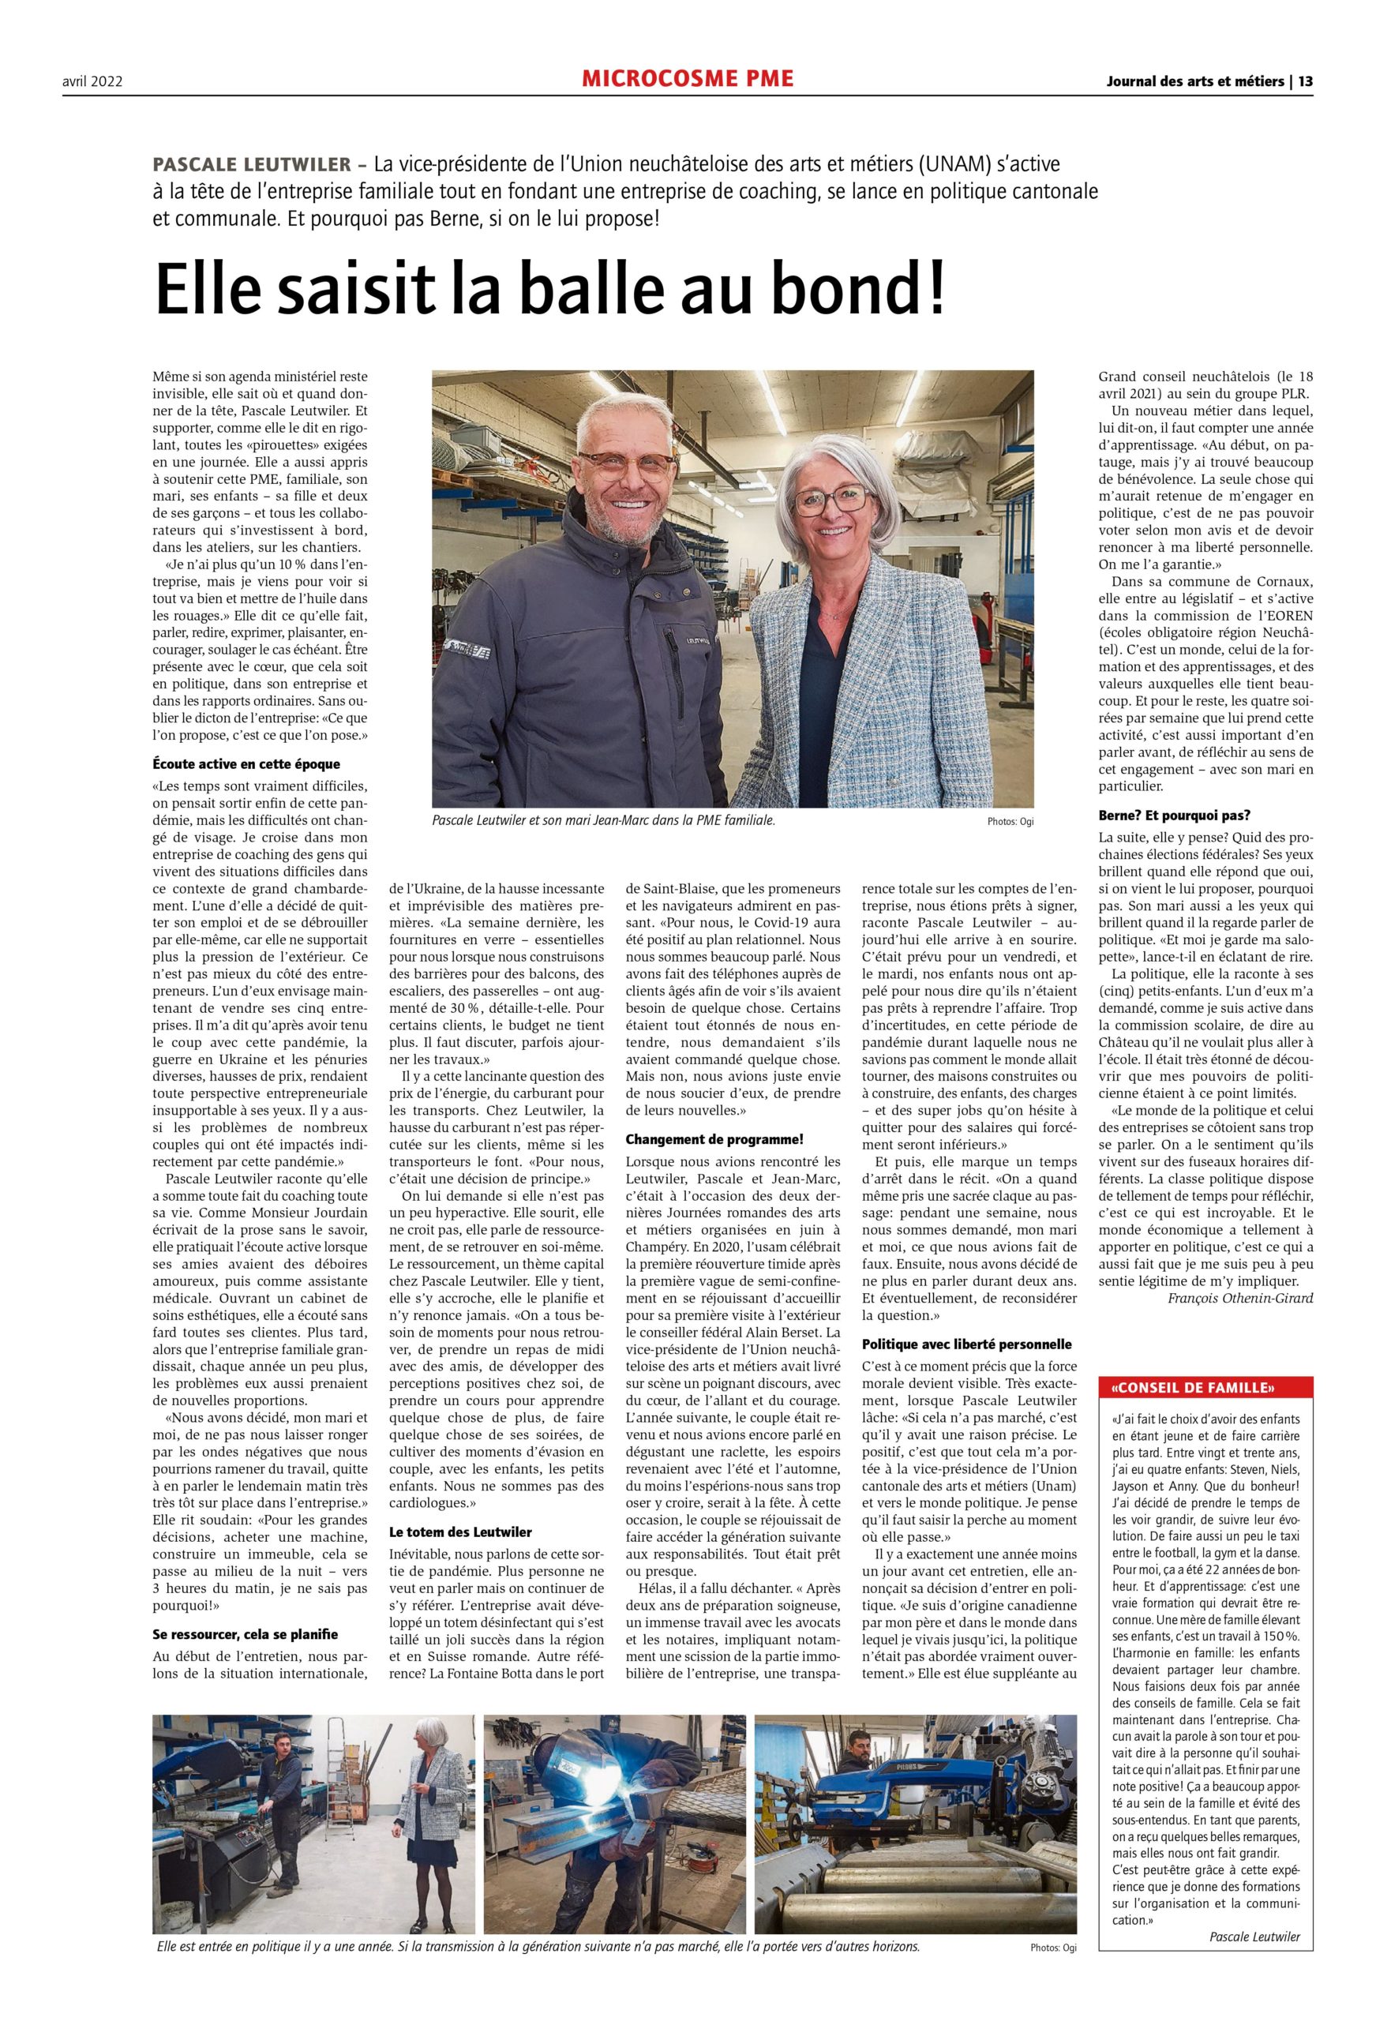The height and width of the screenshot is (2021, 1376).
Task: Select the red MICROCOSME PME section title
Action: tap(687, 79)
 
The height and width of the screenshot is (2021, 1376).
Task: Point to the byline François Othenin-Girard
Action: tap(1240, 1299)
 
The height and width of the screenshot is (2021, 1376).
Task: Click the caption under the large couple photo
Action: tap(603, 819)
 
